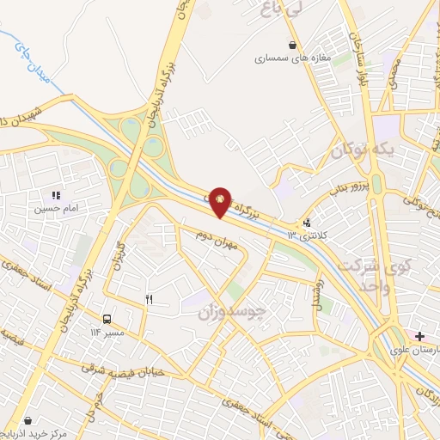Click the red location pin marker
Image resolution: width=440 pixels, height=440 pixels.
pos(222,201)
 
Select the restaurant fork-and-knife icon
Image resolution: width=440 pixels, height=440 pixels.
pos(149,299)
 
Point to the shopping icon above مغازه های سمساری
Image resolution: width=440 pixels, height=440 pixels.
pos(294,46)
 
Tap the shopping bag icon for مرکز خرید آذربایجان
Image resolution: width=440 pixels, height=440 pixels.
pos(28,421)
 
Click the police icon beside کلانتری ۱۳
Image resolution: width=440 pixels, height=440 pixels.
pos(308,222)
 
